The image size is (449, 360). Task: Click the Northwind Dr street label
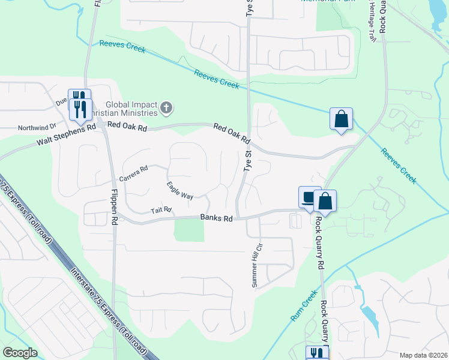pos(37,127)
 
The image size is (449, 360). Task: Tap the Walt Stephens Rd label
pos(66,135)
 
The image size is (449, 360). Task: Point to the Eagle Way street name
pos(180,190)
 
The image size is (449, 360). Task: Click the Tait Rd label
pos(161,210)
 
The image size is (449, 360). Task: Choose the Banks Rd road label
pos(216,219)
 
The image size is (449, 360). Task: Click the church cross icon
pos(166,109)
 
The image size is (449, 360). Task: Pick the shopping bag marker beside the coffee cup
pos(325,202)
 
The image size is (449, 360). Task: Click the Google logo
pos(20,353)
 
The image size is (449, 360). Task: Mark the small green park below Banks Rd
pos(188,229)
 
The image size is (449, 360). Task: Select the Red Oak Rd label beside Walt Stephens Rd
pos(127,127)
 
